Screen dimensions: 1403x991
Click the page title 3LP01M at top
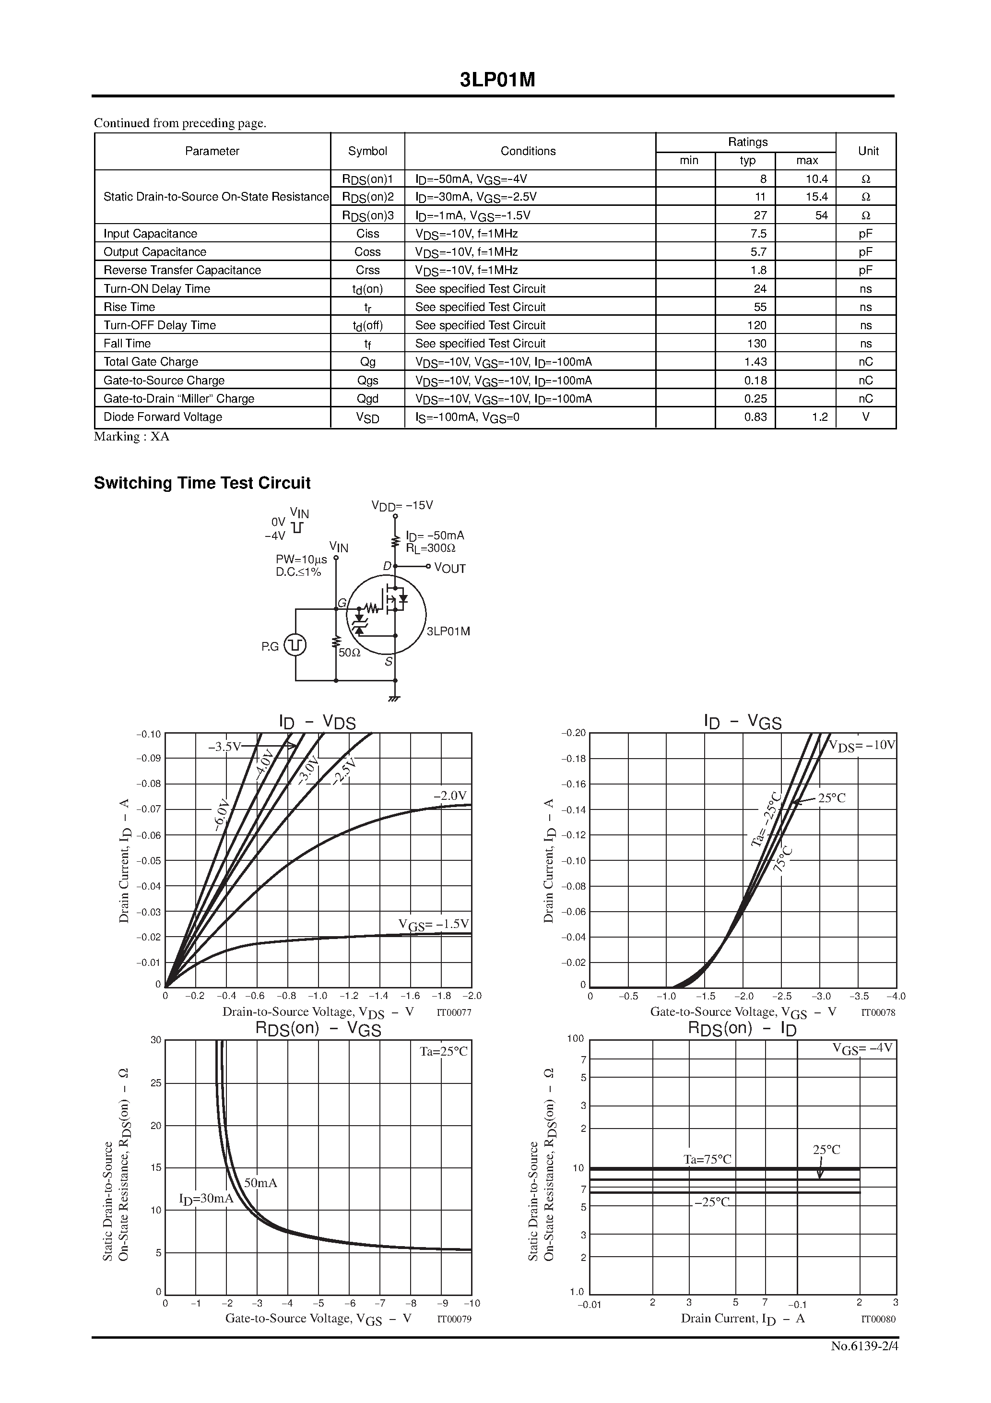[x=497, y=80]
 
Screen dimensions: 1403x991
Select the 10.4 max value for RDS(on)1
[x=816, y=179]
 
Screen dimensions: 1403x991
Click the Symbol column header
[x=367, y=151]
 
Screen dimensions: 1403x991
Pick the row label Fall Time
[x=127, y=344]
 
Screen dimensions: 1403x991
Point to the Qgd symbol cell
[x=367, y=398]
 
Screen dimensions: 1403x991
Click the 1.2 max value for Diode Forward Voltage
[x=819, y=417]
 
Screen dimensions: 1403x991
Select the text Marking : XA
[x=131, y=436]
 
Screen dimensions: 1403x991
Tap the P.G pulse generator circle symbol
[x=295, y=645]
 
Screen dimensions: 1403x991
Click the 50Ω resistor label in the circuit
[x=350, y=653]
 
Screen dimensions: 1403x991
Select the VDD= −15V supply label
[x=402, y=505]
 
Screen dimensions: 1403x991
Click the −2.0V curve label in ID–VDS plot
[x=449, y=796]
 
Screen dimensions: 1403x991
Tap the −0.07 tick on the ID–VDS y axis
[x=149, y=809]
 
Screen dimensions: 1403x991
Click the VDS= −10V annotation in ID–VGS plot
[x=861, y=746]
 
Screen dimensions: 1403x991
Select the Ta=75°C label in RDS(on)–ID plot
[x=707, y=1159]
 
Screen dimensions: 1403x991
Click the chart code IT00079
[x=454, y=1319]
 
